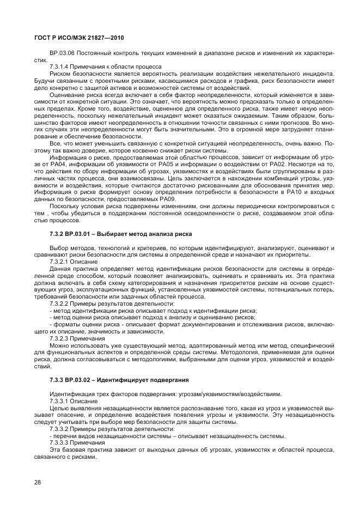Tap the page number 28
pyautogui.click(x=38, y=482)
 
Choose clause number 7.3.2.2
pyautogui.click(x=59, y=303)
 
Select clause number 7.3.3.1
pyautogui.click(x=59, y=400)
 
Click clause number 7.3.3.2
pyautogui.click(x=59, y=429)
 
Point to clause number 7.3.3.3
pyautogui.click(x=59, y=443)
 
